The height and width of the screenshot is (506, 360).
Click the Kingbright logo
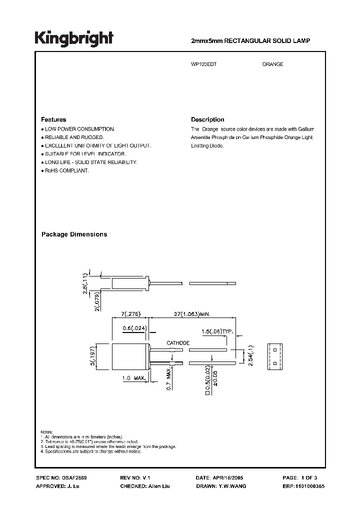click(74, 39)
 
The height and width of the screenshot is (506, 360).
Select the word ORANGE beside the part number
click(272, 64)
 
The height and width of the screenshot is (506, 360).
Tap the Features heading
click(53, 120)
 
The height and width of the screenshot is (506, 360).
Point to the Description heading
click(207, 120)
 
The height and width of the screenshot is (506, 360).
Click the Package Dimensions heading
click(74, 234)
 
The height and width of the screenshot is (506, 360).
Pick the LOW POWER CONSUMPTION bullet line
click(79, 129)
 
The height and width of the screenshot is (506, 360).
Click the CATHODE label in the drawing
click(177, 343)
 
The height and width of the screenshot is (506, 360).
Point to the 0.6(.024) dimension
click(134, 328)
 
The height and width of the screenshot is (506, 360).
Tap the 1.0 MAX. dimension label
click(132, 379)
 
